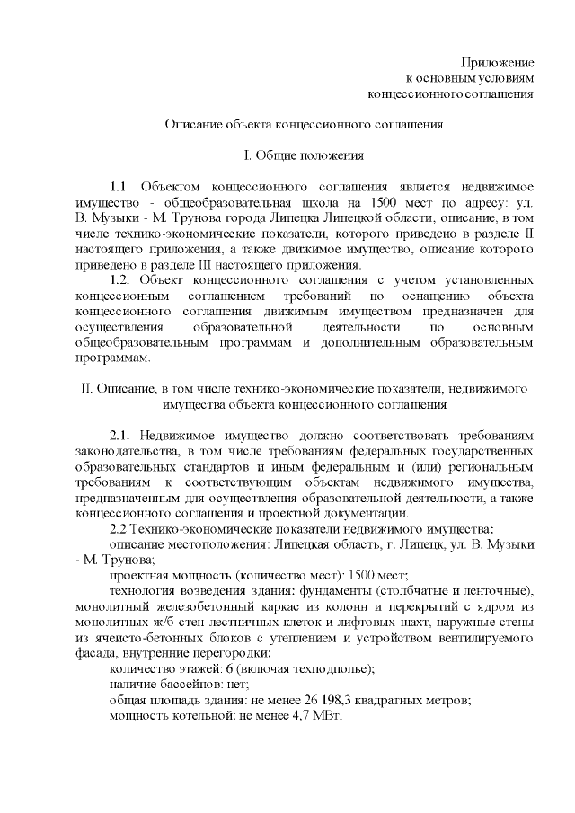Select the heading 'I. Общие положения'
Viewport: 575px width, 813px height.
coord(304,155)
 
